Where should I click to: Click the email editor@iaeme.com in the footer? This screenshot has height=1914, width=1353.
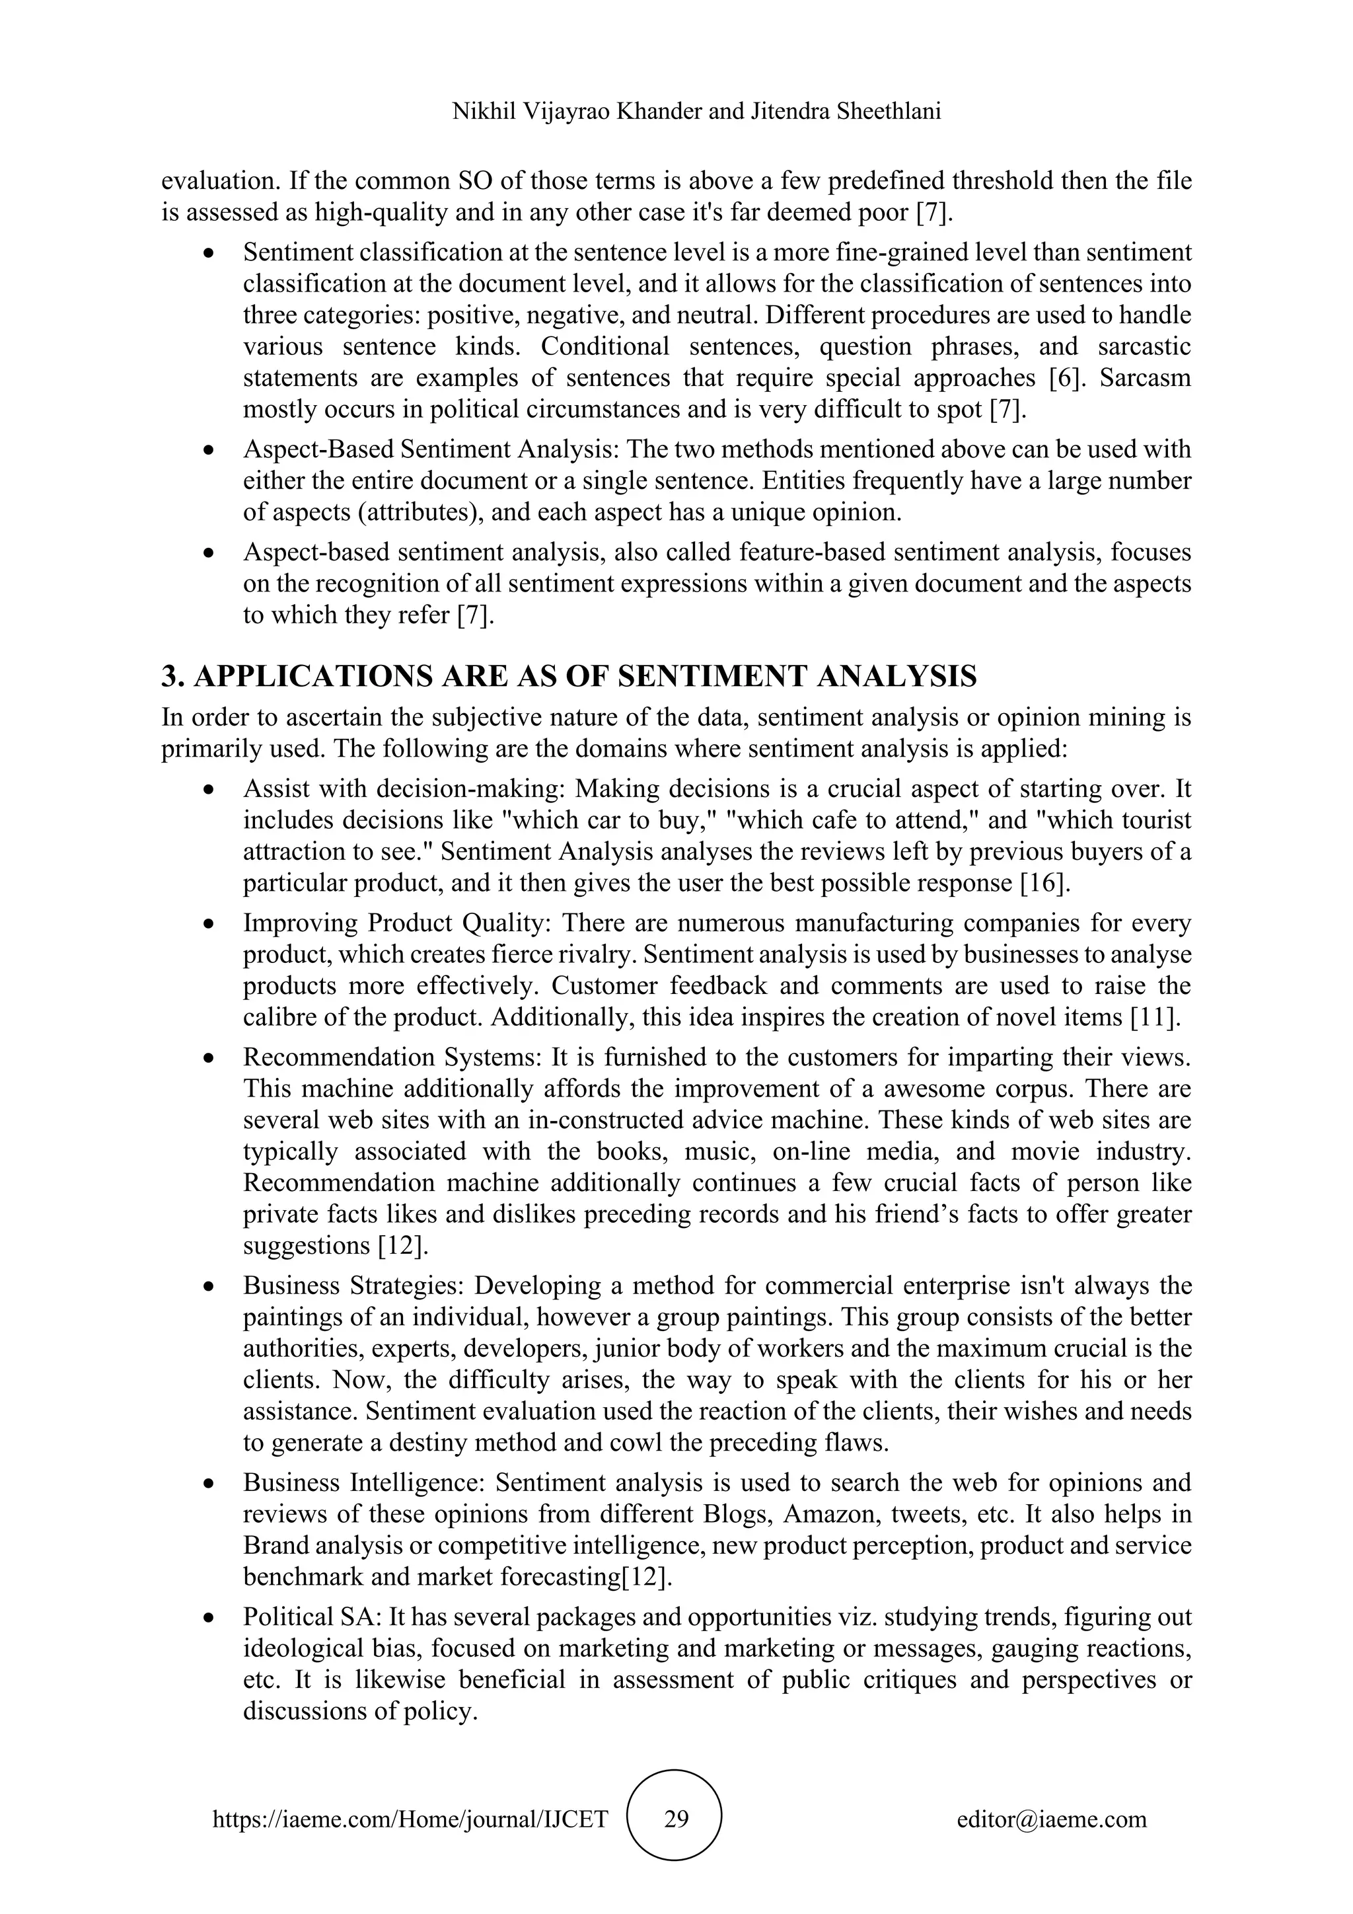click(1051, 1819)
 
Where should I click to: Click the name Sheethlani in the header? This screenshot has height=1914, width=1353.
click(887, 112)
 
